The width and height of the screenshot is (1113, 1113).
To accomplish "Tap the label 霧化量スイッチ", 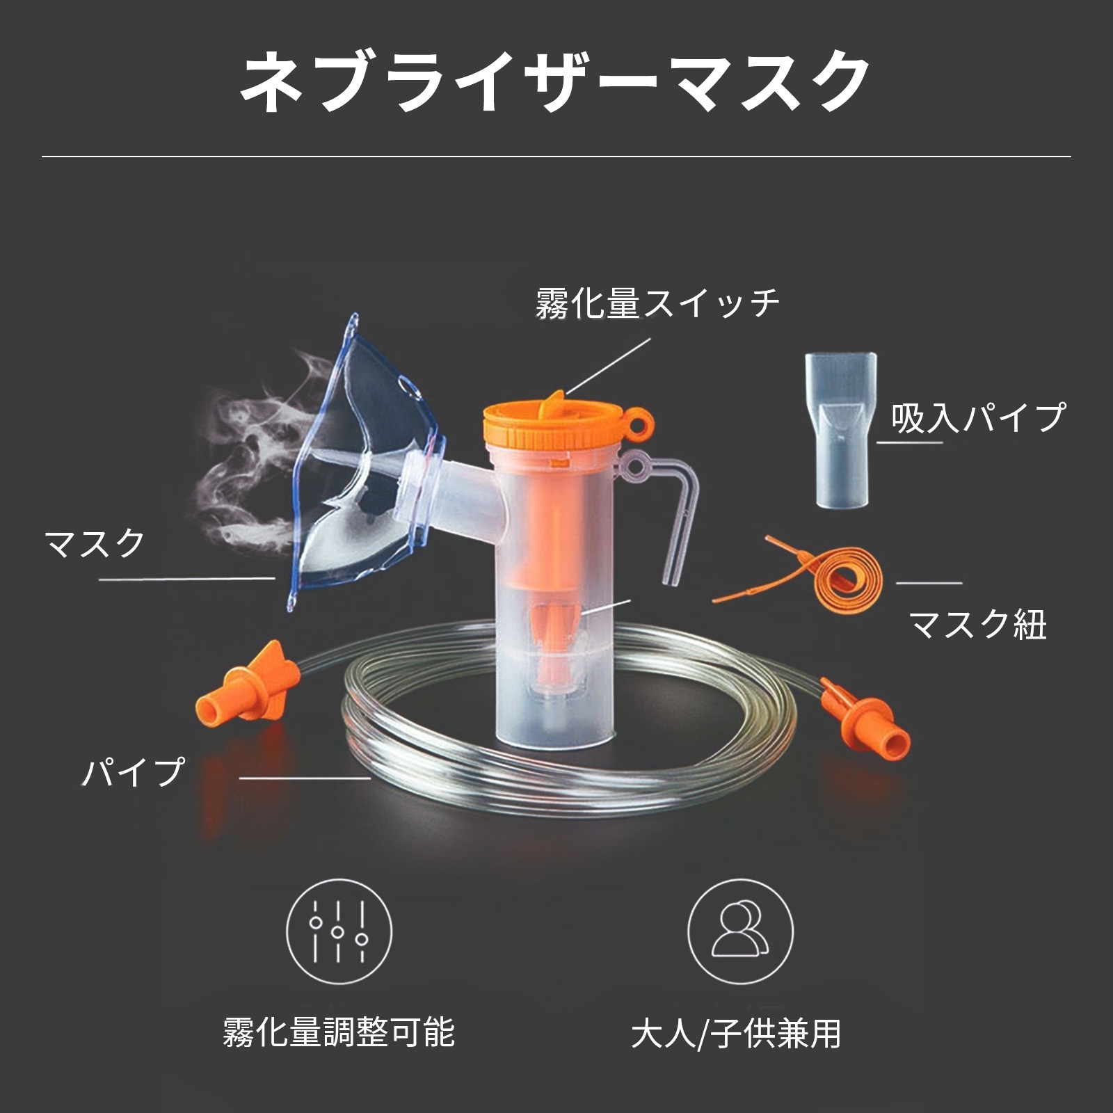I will (657, 304).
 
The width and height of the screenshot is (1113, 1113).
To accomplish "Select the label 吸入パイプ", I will (978, 417).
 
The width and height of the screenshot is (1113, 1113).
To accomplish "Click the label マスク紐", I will (977, 623).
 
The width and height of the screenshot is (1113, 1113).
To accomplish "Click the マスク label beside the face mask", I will (95, 543).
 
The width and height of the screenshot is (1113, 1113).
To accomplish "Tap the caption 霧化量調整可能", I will (339, 1032).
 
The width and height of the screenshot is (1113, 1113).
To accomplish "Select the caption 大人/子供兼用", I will (736, 1034).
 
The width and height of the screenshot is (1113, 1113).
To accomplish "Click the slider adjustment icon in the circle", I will (339, 932).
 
